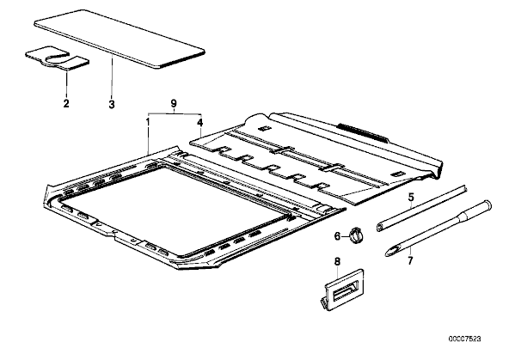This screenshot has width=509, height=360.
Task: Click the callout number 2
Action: tap(66, 103)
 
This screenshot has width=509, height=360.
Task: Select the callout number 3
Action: tap(112, 105)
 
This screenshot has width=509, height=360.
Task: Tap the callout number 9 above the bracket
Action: tap(174, 104)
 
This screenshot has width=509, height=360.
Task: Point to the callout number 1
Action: tap(148, 122)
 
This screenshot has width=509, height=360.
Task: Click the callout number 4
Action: tap(200, 123)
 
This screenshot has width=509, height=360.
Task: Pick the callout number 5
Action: tap(411, 197)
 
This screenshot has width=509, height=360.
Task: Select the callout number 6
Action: tap(337, 236)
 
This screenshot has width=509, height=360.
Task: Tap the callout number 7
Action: tap(410, 260)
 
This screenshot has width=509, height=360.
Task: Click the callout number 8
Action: tap(337, 260)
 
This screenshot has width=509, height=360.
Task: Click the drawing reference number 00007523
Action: tap(465, 339)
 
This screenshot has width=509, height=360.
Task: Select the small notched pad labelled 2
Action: tap(57, 58)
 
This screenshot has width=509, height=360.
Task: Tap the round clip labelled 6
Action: tap(356, 235)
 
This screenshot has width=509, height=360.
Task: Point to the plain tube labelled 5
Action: tap(422, 208)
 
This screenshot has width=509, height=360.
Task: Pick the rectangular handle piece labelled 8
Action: tap(344, 289)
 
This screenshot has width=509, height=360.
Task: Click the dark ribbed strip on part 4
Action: tap(362, 131)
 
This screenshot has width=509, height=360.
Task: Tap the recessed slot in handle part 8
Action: tap(345, 290)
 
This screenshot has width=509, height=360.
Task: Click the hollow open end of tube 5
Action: tap(379, 228)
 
